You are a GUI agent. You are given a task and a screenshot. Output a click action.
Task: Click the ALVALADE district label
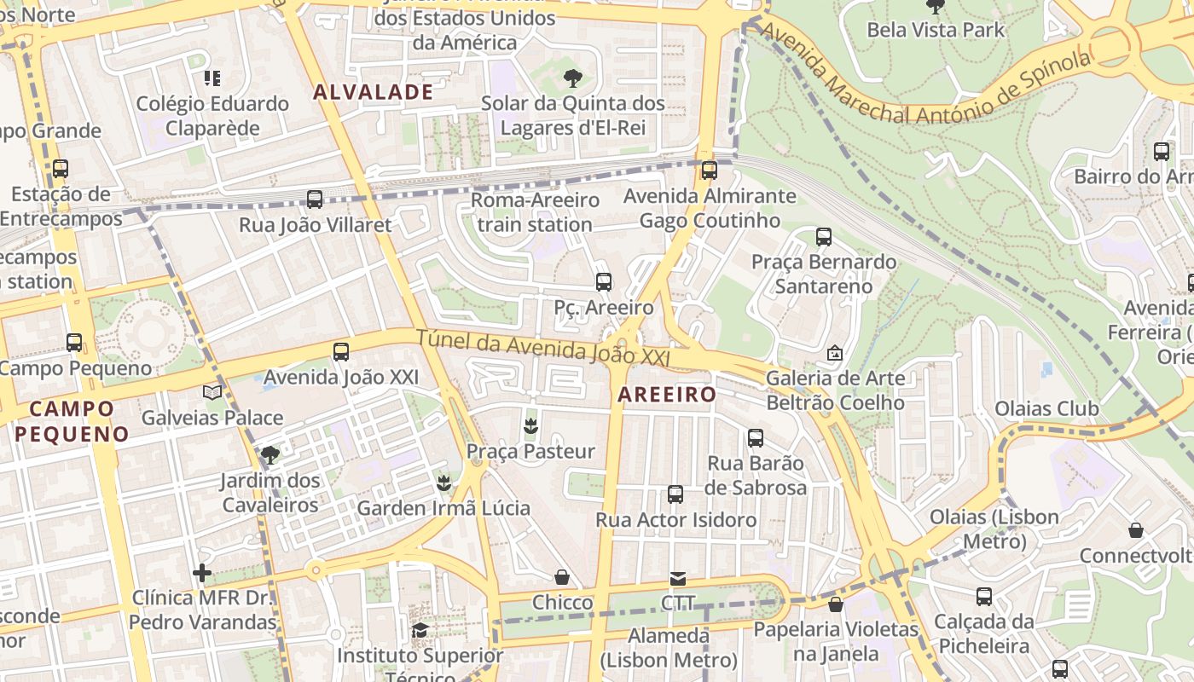[x=373, y=92]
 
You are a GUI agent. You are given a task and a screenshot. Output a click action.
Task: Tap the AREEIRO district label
[x=667, y=394]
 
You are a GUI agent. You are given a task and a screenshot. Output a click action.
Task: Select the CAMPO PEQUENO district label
[x=72, y=421]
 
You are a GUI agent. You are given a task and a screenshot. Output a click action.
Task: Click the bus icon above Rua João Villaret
[x=315, y=199]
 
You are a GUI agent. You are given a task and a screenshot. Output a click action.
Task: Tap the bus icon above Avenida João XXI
[x=341, y=351]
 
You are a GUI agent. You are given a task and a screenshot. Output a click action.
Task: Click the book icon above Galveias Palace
[x=212, y=392]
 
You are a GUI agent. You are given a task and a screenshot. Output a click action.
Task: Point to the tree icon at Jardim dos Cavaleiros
[x=270, y=454]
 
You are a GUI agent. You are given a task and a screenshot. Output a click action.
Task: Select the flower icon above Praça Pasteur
[x=530, y=425]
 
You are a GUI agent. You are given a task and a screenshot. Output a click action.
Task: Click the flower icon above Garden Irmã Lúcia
[x=443, y=483]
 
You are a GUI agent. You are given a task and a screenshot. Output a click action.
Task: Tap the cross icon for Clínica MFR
[x=202, y=572]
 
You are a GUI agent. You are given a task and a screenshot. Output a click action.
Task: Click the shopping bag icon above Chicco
[x=562, y=577]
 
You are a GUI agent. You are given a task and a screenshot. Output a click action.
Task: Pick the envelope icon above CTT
[x=678, y=578]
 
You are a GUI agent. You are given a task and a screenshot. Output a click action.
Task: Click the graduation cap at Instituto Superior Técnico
[x=420, y=630]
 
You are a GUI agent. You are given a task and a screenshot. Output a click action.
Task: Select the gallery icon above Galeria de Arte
[x=835, y=352]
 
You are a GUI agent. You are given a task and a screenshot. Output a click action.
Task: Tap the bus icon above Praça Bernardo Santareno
[x=824, y=237]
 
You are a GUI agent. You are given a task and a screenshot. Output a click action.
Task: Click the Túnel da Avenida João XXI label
[x=542, y=349]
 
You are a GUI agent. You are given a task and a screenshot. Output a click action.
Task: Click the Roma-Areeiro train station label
[x=535, y=212]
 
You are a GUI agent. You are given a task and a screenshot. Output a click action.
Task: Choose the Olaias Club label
[x=1046, y=408]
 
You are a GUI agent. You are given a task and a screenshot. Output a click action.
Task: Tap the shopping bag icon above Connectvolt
[x=1136, y=530]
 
